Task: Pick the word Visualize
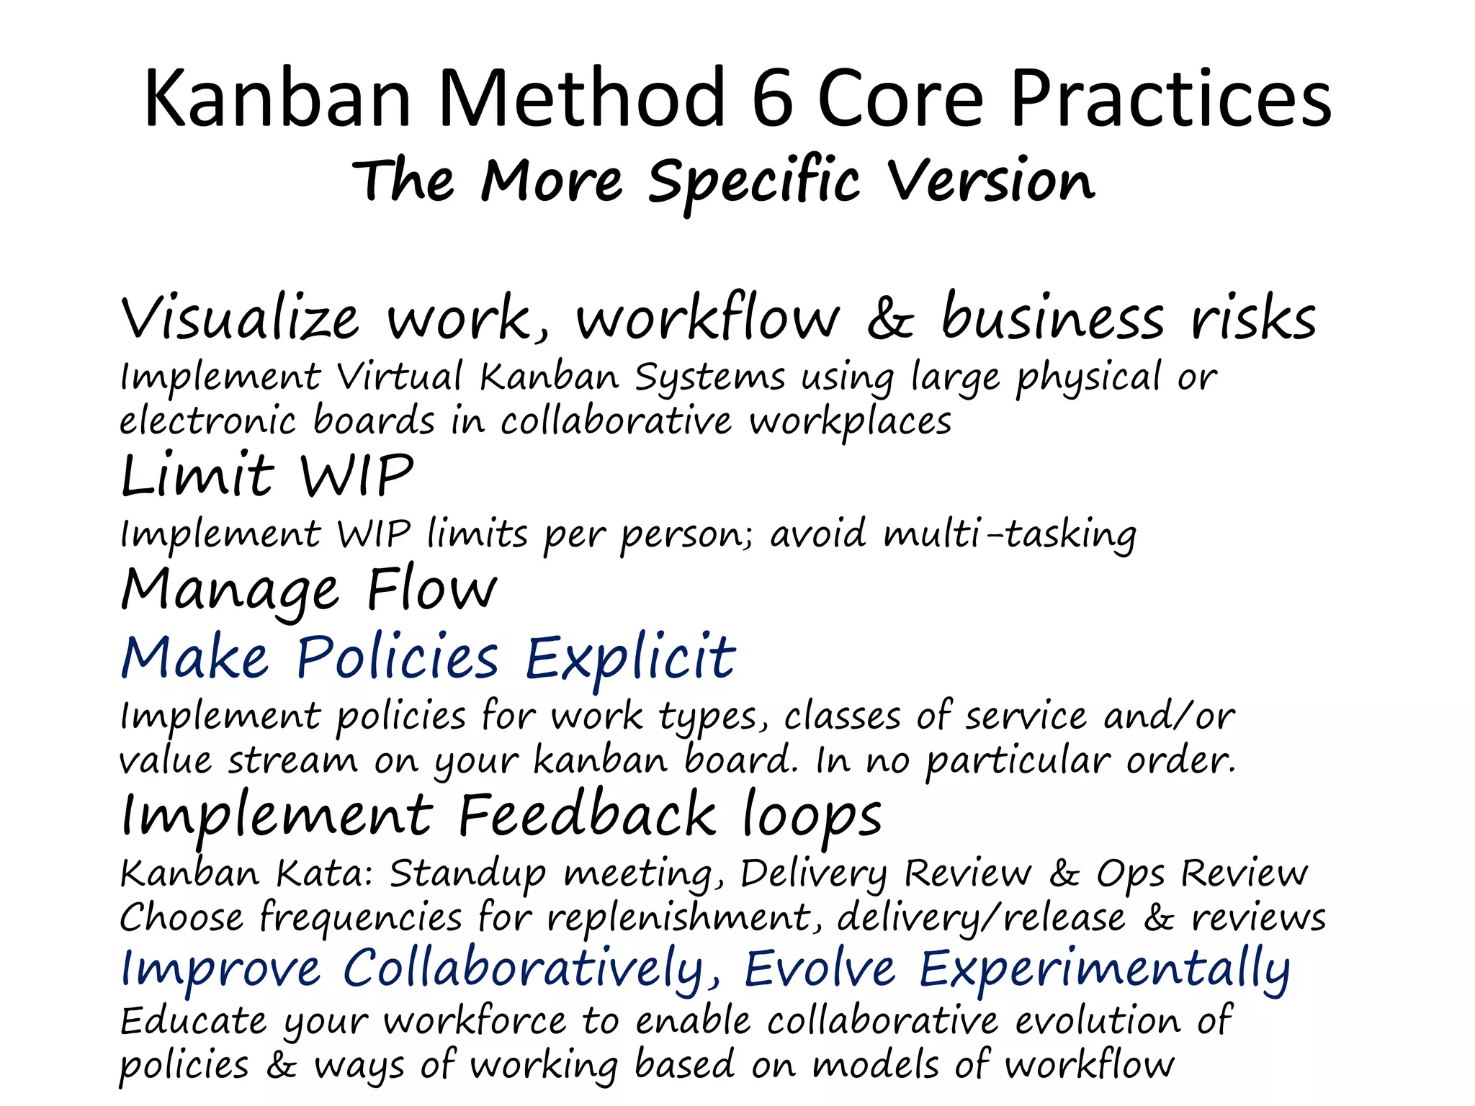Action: (240, 318)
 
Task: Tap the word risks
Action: (1254, 318)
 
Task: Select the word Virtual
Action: (400, 377)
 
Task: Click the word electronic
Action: (207, 421)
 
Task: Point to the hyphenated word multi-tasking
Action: (1010, 536)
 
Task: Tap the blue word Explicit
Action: (630, 658)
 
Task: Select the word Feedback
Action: (588, 816)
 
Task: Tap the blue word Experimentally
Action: (1105, 971)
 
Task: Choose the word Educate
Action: (193, 1022)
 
